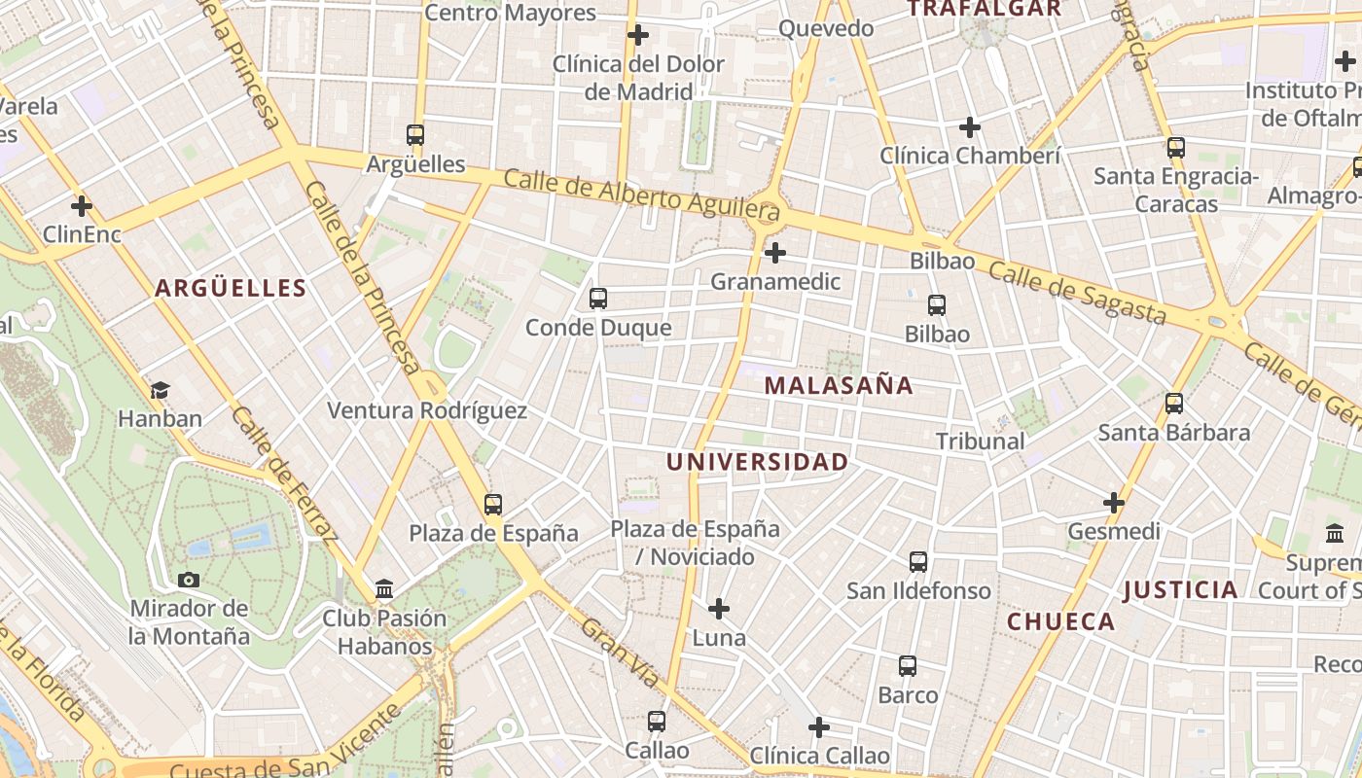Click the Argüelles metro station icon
(x=415, y=135)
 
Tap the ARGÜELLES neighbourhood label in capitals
(x=231, y=288)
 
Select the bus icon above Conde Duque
(x=598, y=299)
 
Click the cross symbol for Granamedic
(x=775, y=254)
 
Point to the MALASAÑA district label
(x=839, y=385)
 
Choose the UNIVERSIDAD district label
(x=758, y=462)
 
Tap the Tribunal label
(x=980, y=441)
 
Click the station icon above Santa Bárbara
(x=1174, y=403)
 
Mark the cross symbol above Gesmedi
(x=1114, y=503)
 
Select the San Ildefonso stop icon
(x=918, y=561)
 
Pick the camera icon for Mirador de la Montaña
(x=189, y=580)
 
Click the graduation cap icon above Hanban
(x=160, y=390)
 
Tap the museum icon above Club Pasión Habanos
(x=384, y=588)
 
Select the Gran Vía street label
(x=620, y=653)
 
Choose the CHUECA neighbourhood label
(x=1060, y=621)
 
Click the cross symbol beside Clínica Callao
(x=819, y=726)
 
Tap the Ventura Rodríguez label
(x=427, y=410)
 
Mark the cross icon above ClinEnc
(x=82, y=206)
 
